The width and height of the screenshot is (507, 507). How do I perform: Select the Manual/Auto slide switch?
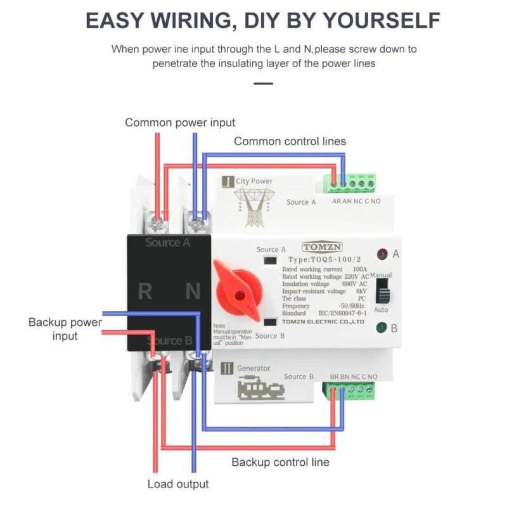coord(383,292)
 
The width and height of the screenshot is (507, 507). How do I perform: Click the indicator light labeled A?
coord(382,255)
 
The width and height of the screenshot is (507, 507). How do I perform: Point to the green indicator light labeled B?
coord(382,328)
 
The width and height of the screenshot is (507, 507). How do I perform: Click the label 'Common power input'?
coord(180,122)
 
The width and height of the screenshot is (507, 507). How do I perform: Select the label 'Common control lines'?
coord(290,141)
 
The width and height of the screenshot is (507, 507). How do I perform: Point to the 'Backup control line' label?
coord(280,462)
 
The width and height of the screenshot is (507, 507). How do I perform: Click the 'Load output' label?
coord(178,484)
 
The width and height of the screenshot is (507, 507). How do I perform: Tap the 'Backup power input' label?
coord(65,329)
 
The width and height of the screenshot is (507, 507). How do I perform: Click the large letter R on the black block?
coord(145,292)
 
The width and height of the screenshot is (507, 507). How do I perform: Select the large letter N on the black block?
coord(193,292)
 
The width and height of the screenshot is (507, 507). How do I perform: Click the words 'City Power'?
coord(254,181)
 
